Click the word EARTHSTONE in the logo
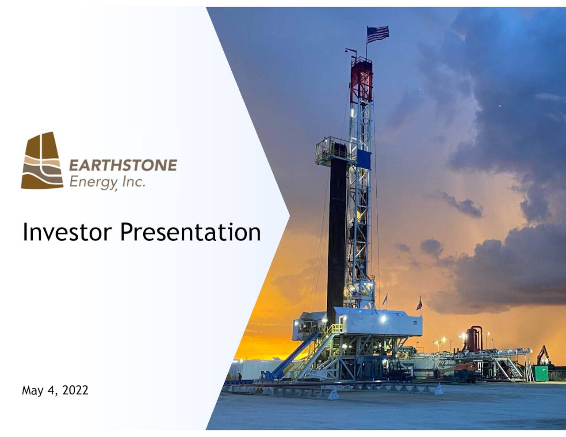coord(123,165)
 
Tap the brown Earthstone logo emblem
coord(42,161)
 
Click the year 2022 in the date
coord(75,390)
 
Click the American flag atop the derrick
coord(378,34)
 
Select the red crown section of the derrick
coord(361,80)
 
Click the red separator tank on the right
coord(475,338)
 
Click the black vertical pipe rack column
coord(337,234)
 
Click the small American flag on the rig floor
coord(356,295)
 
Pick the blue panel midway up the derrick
coord(364,158)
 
